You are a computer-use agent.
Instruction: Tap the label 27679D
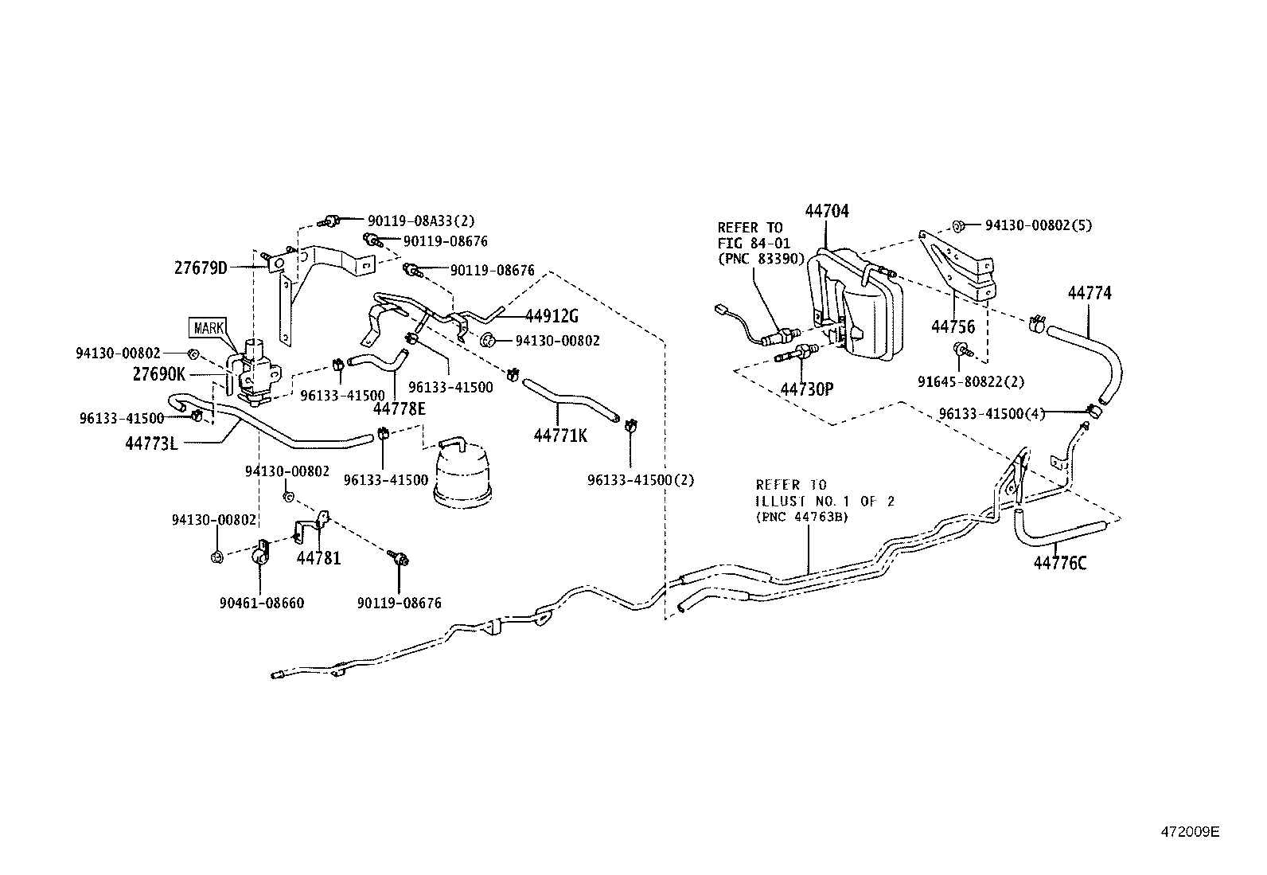[201, 268]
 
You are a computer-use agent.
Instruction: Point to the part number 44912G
[552, 315]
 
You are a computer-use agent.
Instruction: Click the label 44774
[1090, 293]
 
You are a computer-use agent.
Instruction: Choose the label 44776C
[1060, 564]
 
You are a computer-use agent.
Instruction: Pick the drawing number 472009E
[1189, 833]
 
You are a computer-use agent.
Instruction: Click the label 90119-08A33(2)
[421, 221]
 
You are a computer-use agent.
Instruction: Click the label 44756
[953, 326]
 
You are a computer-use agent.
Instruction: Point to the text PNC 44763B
[801, 516]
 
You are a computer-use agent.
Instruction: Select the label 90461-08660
[262, 603]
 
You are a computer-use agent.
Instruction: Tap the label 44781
[318, 558]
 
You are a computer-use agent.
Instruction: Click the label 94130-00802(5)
[1039, 225]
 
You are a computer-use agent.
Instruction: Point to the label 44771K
[560, 435]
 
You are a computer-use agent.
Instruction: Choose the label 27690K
[159, 373]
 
